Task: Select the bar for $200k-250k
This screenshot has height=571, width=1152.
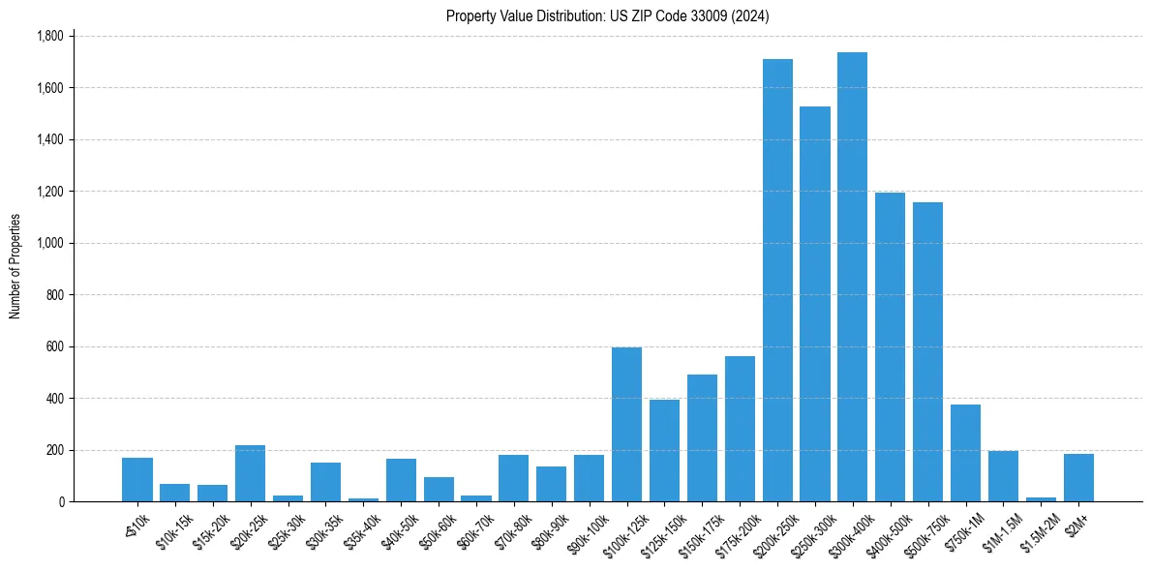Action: pyautogui.click(x=777, y=281)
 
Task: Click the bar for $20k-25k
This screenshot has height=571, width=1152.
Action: pyautogui.click(x=250, y=473)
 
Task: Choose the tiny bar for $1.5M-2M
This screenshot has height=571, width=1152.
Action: pyautogui.click(x=1041, y=499)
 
